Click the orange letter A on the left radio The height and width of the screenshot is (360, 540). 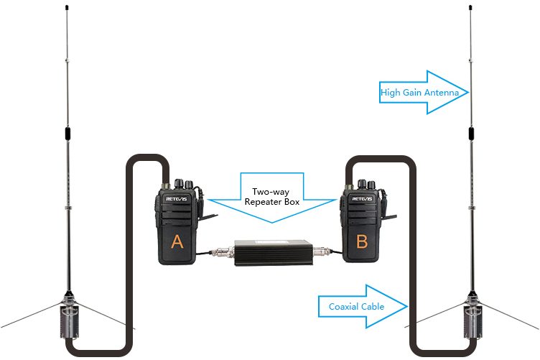click(177, 243)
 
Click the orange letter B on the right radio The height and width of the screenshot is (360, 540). click(361, 243)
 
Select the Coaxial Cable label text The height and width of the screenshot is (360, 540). click(356, 306)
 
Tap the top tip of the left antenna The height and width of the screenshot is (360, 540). click(66, 8)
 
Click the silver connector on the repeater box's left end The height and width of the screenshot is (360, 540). click(223, 252)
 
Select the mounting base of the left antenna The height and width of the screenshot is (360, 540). click(69, 316)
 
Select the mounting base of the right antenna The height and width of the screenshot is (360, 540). click(473, 316)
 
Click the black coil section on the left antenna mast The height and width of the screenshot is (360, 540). click(66, 134)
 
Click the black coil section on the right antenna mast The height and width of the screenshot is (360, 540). click(472, 134)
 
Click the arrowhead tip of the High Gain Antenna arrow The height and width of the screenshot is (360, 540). click(468, 92)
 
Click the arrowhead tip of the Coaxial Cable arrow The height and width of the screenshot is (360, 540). click(407, 306)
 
